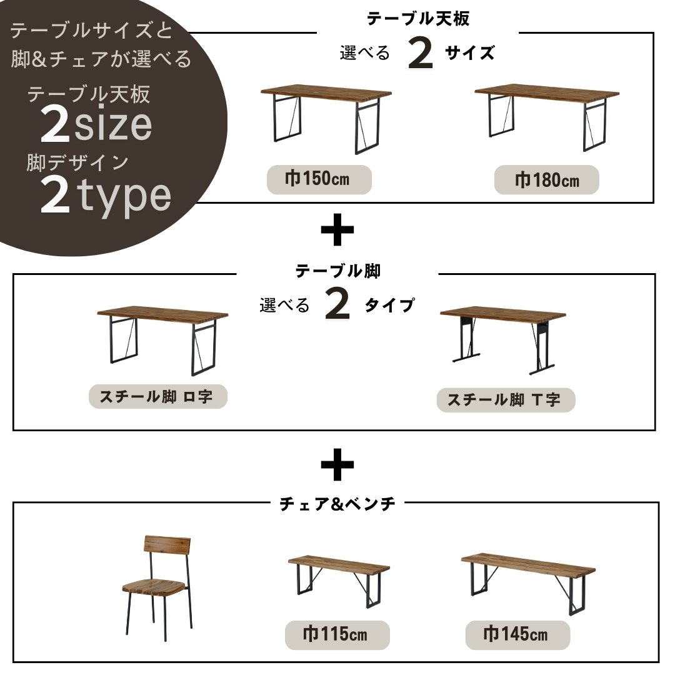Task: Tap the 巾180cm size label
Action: point(547,180)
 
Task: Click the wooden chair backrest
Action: point(167,547)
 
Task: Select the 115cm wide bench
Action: point(339,580)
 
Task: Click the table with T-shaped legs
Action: point(502,340)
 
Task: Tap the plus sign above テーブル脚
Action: point(337,229)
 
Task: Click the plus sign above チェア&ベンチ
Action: point(337,464)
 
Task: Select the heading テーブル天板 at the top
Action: point(418,19)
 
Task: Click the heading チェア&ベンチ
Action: point(337,504)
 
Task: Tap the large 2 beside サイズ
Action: point(420,53)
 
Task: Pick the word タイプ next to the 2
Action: point(389,305)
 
